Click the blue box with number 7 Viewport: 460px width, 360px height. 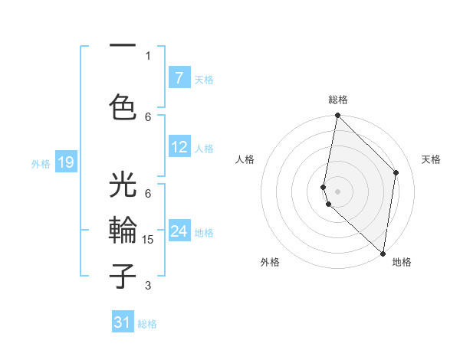179,78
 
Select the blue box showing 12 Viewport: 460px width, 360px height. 179,147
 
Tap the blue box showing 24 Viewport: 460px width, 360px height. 179,231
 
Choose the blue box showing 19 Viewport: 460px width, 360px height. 65,162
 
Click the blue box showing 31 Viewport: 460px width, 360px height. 123,322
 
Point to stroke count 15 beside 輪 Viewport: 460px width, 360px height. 149,240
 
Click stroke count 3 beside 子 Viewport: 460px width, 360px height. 148,286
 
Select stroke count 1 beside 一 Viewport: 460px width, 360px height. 148,55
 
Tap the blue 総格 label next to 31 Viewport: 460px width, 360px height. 147,324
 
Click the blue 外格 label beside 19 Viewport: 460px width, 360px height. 40,163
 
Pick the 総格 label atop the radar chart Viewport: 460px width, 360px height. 338,100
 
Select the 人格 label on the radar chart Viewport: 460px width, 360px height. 245,159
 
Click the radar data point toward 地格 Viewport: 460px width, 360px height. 383,254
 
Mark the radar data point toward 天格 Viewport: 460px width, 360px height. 396,172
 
